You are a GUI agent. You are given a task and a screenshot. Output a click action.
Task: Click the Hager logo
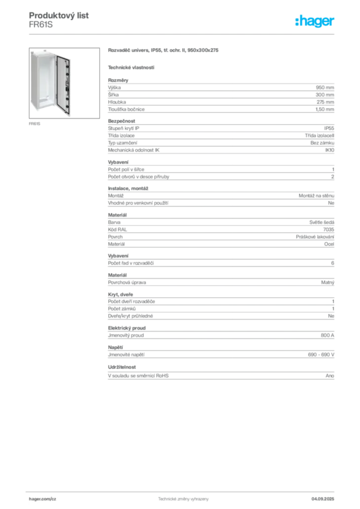(x=314, y=21)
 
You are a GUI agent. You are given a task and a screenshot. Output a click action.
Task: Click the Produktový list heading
(x=59, y=15)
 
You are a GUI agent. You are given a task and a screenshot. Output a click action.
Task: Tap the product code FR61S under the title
(x=41, y=25)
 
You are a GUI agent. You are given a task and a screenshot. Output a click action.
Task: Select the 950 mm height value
(x=325, y=87)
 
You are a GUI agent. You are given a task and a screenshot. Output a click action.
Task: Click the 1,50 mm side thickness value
(x=325, y=109)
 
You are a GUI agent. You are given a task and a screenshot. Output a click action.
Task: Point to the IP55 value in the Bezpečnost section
(x=329, y=128)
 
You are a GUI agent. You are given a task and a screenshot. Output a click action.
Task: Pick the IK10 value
(x=330, y=150)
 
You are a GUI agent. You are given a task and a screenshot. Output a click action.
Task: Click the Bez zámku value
(x=322, y=143)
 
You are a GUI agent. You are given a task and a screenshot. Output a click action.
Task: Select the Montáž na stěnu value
(x=316, y=196)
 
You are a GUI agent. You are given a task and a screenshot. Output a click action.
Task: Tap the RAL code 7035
(x=329, y=230)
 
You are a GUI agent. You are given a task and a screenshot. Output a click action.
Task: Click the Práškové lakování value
(x=315, y=237)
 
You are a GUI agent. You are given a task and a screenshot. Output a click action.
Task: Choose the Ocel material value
(x=329, y=244)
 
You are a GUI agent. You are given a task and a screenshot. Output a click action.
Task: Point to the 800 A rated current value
(x=327, y=336)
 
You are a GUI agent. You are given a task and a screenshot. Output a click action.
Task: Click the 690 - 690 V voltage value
(x=321, y=355)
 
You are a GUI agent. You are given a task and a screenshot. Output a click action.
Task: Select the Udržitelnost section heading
(x=122, y=367)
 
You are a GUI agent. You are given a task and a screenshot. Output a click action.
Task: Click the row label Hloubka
(x=117, y=102)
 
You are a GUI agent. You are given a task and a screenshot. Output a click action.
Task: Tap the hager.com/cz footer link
(x=43, y=499)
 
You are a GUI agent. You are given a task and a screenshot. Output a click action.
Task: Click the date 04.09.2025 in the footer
(x=323, y=499)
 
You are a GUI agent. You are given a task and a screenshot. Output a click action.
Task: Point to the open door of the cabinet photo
(x=63, y=85)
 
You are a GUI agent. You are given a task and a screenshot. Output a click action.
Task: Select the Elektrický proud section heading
(x=127, y=328)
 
